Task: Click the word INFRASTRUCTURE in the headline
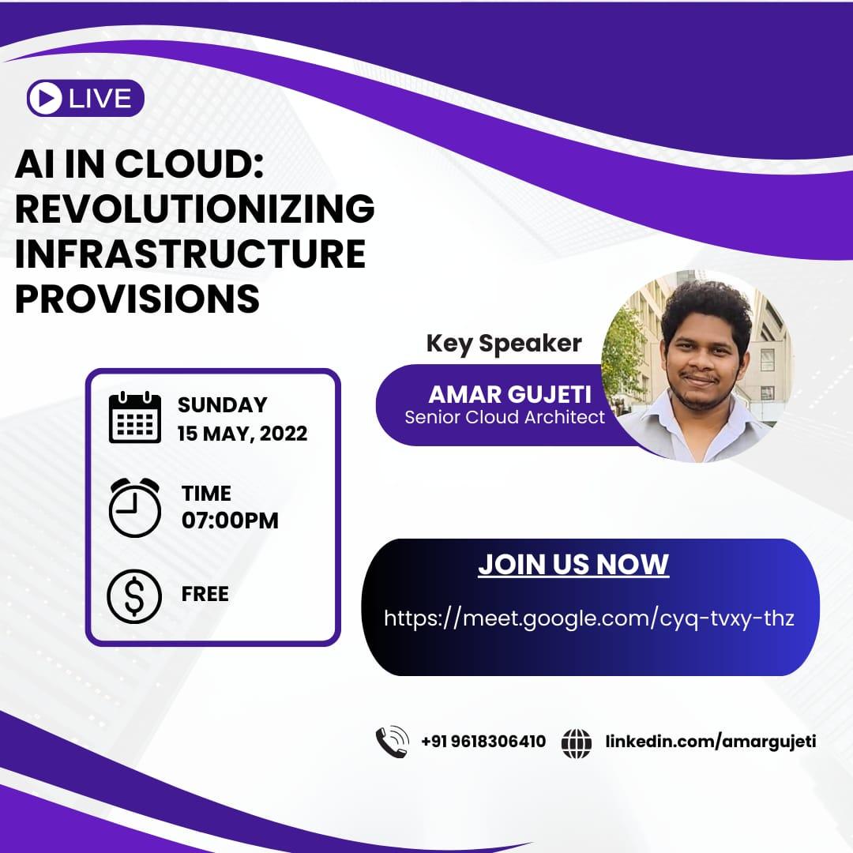tap(190, 254)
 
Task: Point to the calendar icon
tap(134, 418)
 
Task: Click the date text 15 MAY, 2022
tap(242, 434)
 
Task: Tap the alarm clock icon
tap(134, 507)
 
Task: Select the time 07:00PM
tap(230, 520)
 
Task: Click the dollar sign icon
tap(134, 594)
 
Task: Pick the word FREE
tap(205, 594)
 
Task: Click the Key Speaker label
tap(504, 344)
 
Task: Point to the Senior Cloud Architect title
tap(505, 417)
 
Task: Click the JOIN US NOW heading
tap(573, 564)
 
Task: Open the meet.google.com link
tap(589, 618)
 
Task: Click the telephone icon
tap(392, 742)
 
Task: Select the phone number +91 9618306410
tap(483, 742)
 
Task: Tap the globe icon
tap(577, 742)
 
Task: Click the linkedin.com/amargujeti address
tap(710, 742)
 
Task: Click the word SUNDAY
tap(223, 404)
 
